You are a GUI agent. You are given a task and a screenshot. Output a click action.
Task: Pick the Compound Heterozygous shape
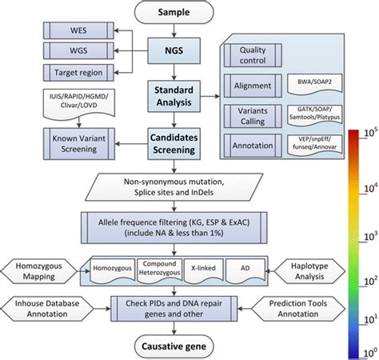tap(156, 268)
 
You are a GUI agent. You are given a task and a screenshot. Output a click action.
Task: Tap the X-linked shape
tap(200, 268)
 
